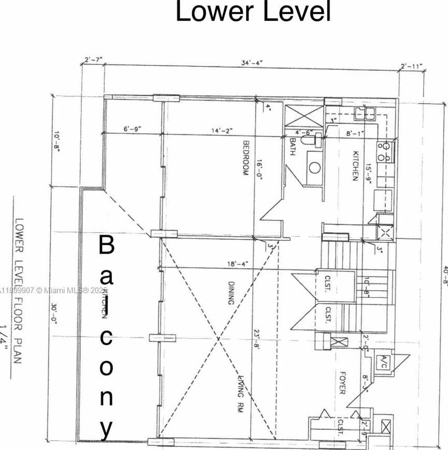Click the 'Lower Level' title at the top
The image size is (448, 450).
click(253, 12)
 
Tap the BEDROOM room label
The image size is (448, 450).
click(247, 158)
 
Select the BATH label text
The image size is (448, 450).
click(293, 147)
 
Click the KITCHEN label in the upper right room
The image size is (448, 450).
click(356, 166)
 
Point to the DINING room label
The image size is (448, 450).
click(232, 293)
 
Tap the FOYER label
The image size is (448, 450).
click(342, 382)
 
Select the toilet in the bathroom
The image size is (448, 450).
click(310, 140)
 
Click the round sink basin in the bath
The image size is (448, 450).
click(314, 167)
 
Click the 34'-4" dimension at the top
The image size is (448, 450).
click(252, 63)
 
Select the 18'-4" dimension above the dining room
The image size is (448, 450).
click(237, 264)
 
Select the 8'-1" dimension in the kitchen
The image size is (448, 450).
click(355, 133)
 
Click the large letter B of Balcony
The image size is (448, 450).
click(106, 245)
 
